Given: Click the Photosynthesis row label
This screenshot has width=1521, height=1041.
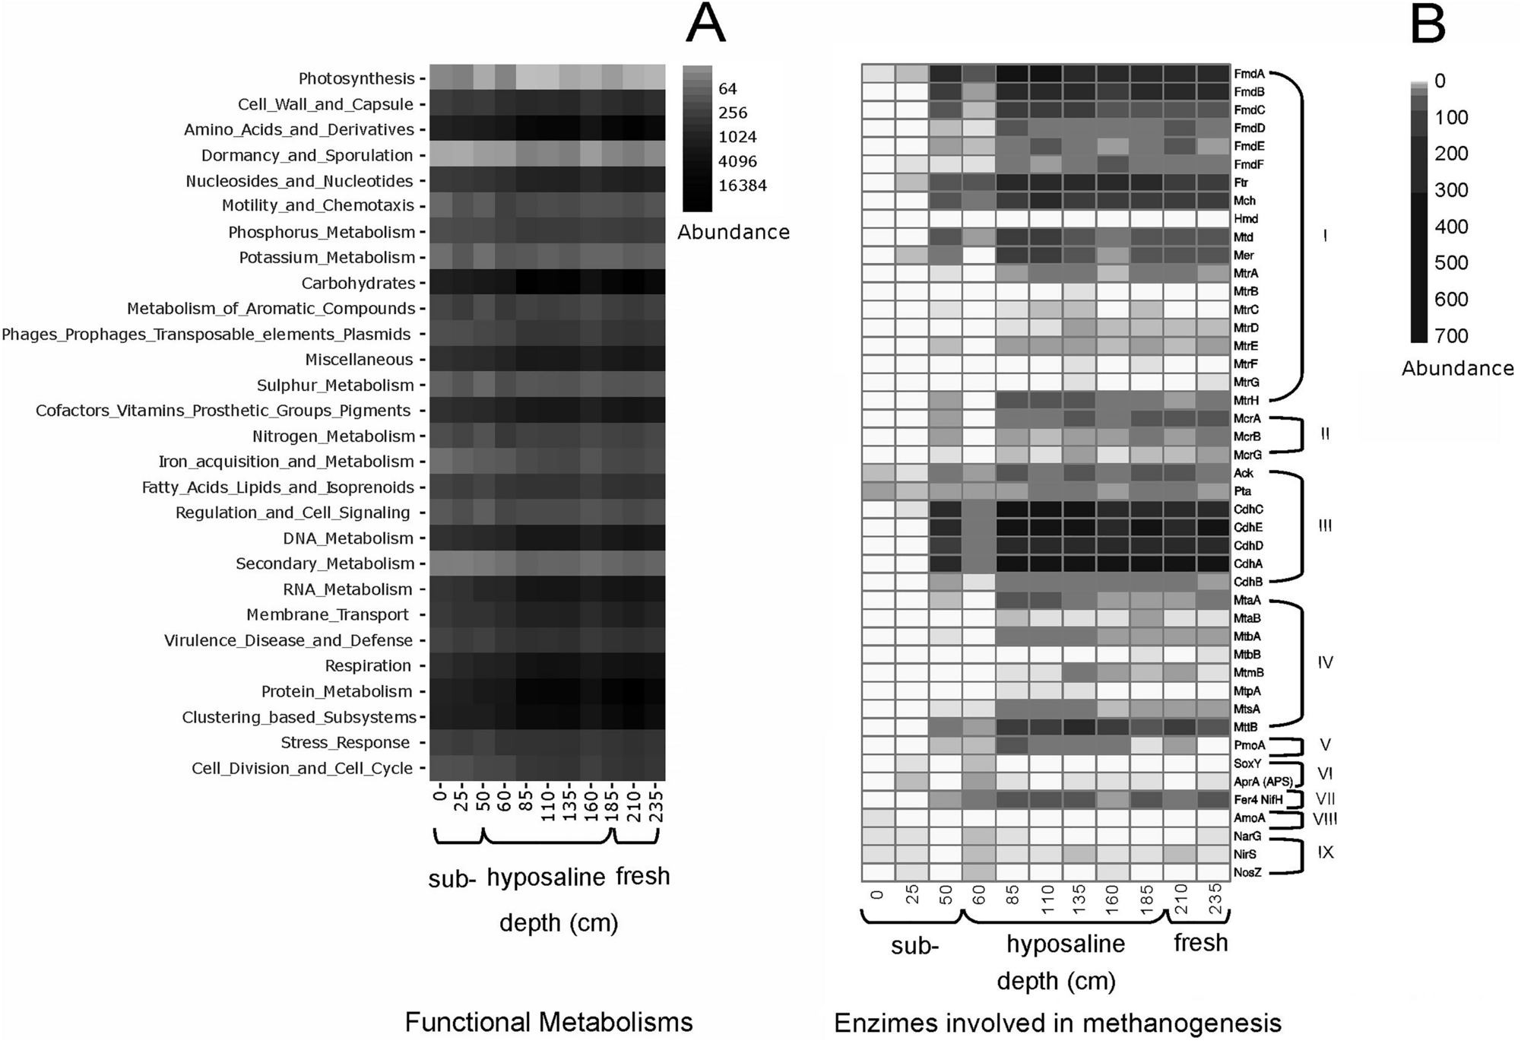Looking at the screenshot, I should point(356,78).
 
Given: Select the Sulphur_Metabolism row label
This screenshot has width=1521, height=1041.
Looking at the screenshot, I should point(335,385).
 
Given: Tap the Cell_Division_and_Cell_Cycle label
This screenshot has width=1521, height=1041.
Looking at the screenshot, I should point(302,768).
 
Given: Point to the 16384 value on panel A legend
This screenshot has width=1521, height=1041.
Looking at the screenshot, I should point(743,186).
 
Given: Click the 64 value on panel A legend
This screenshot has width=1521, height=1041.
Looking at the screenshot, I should point(727,89).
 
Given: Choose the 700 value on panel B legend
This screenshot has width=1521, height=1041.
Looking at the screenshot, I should point(1451,335).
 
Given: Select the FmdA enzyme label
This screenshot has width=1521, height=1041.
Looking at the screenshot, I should point(1249,74).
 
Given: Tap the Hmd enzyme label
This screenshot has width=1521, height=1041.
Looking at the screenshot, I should point(1246,219).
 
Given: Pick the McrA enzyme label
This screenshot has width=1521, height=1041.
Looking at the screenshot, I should point(1247,418).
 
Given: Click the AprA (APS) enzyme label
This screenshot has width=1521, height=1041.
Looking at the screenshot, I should point(1263,782).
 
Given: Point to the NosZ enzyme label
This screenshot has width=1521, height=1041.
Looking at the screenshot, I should point(1247,872).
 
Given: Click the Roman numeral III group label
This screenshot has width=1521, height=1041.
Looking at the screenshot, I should point(1325,526).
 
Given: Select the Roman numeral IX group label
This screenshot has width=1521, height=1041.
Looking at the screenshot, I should point(1325,852).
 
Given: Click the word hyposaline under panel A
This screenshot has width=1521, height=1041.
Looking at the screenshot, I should point(546,878).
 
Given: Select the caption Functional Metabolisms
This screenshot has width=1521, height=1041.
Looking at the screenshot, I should point(548,1022).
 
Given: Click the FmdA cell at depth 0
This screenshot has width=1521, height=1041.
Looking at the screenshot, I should point(878,73).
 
